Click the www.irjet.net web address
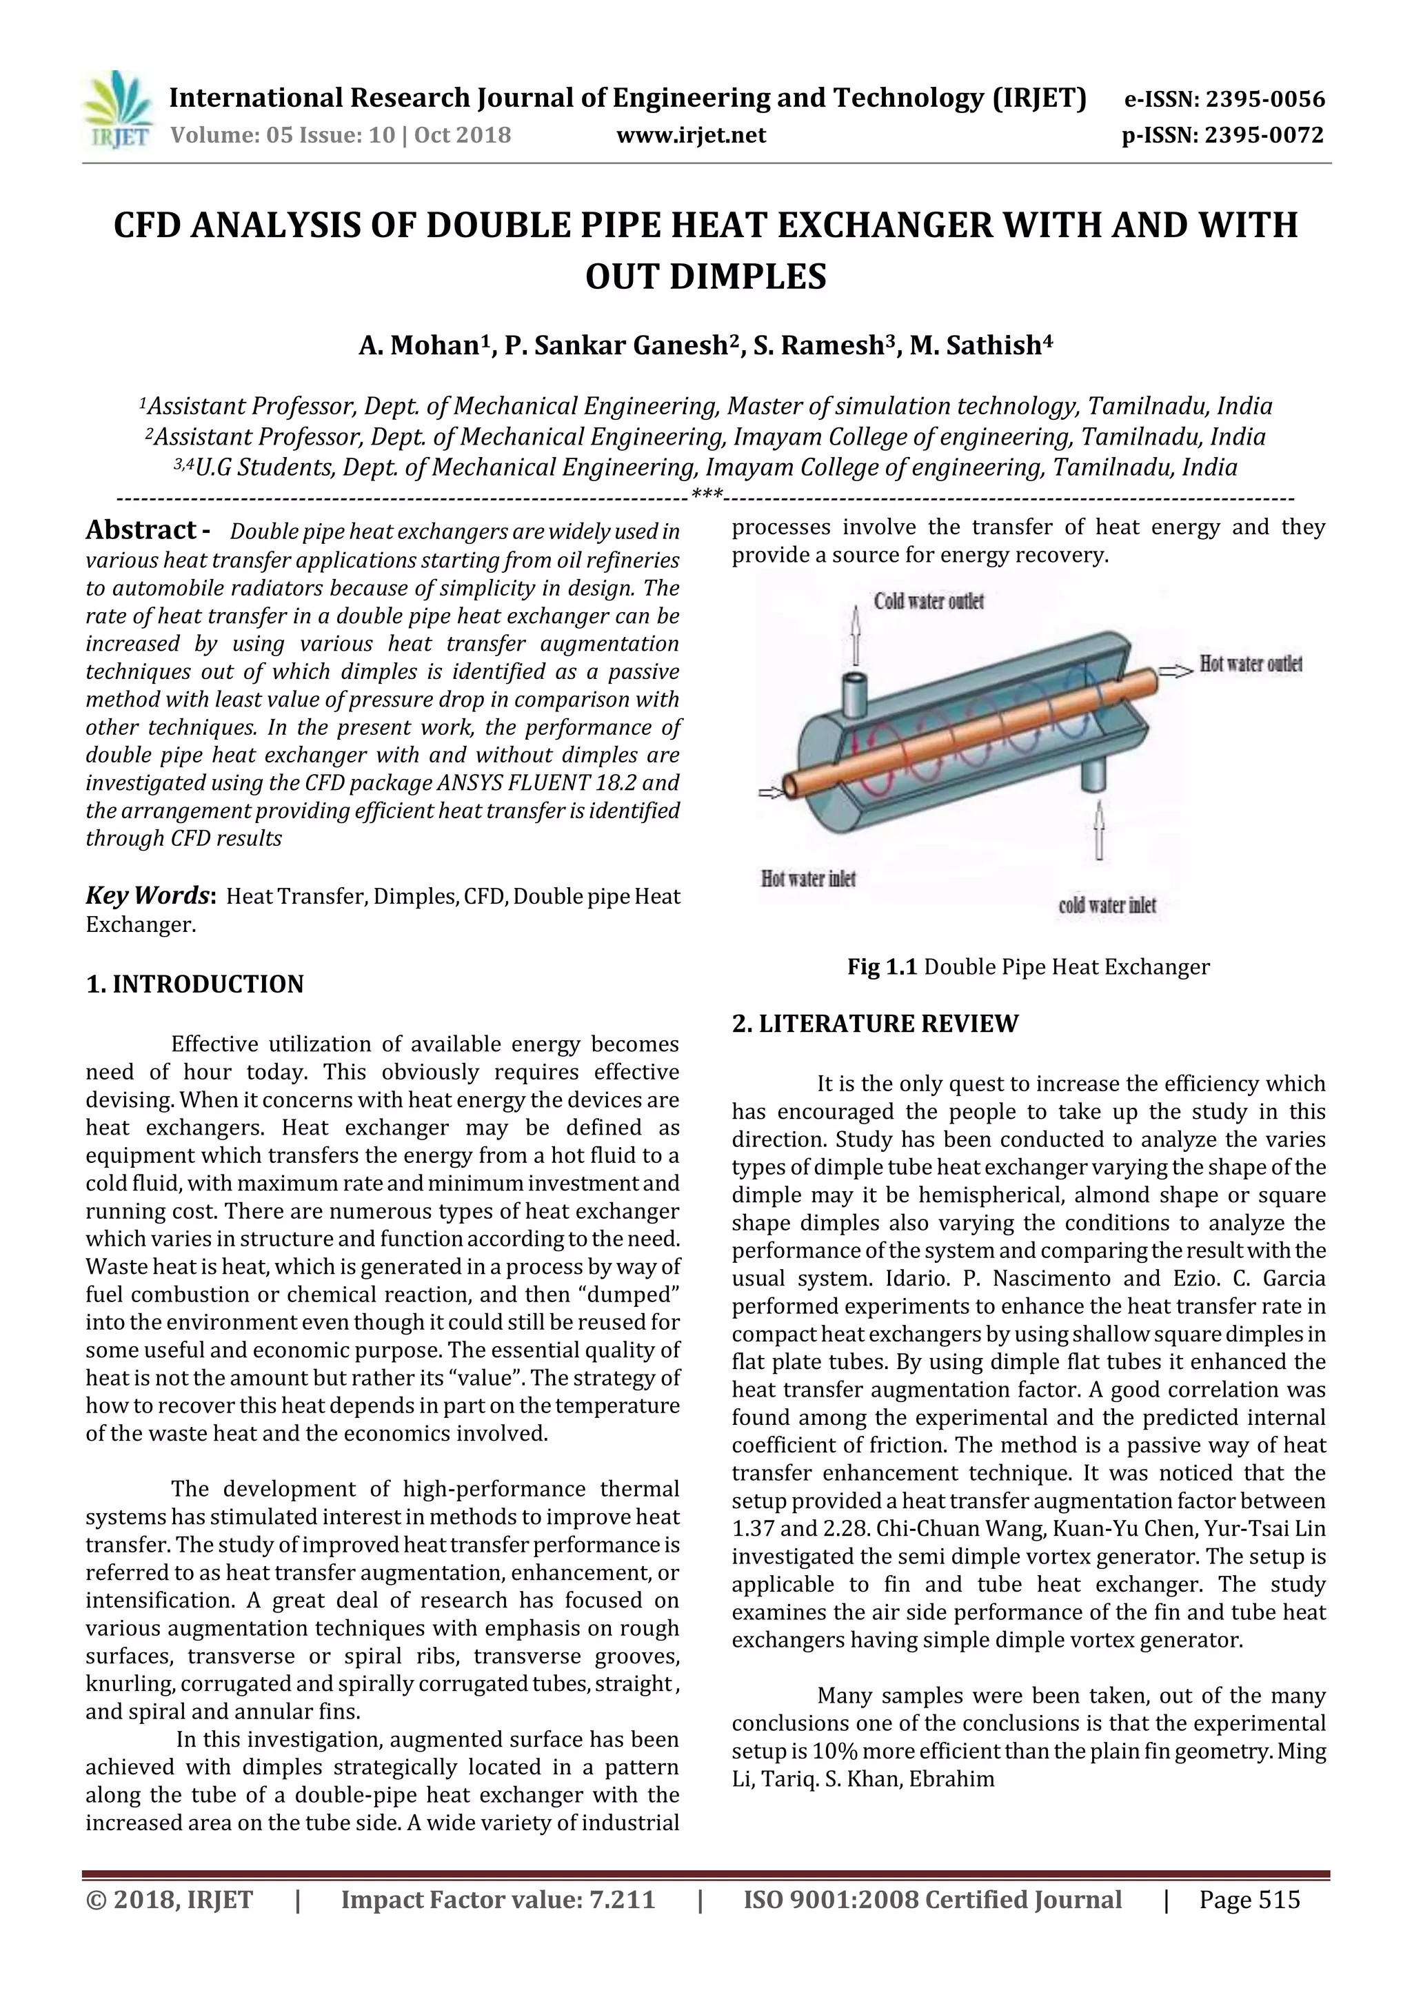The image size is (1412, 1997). coord(691,136)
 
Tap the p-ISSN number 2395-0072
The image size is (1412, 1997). coord(1263,136)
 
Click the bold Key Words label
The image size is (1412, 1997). coord(149,896)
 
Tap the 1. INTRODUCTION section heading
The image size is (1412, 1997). coord(195,984)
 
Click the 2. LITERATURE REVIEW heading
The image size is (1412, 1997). coord(874,1024)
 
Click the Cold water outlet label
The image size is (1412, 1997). coord(929,601)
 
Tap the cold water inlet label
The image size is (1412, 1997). coord(1107,905)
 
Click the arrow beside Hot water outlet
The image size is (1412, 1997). coord(1178,670)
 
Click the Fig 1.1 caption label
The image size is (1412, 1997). coord(882,967)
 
